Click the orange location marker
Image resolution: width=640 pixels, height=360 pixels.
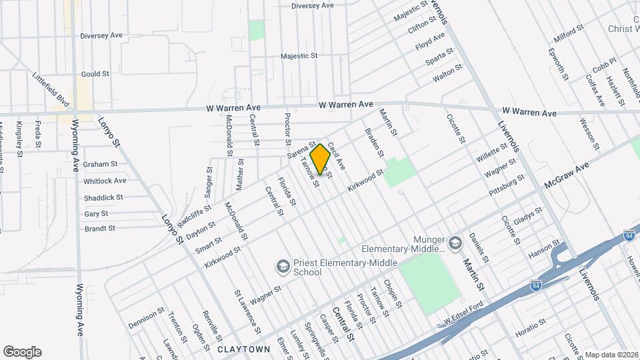click(320, 159)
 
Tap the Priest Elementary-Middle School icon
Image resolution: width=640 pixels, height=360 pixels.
click(282, 267)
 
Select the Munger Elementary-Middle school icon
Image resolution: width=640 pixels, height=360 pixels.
click(455, 243)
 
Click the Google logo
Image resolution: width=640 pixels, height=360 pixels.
click(22, 352)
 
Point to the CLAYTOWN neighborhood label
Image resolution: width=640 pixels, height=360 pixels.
click(243, 349)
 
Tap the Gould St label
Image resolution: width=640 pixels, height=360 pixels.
click(95, 75)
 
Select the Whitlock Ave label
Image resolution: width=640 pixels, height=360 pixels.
click(105, 181)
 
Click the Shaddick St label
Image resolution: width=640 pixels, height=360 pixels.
click(103, 197)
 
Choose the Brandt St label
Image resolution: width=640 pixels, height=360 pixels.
click(100, 229)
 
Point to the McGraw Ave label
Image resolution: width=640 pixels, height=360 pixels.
click(568, 175)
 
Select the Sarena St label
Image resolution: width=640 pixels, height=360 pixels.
click(301, 149)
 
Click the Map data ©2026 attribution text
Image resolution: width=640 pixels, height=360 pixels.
click(611, 355)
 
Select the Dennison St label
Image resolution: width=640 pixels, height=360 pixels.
click(146, 319)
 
